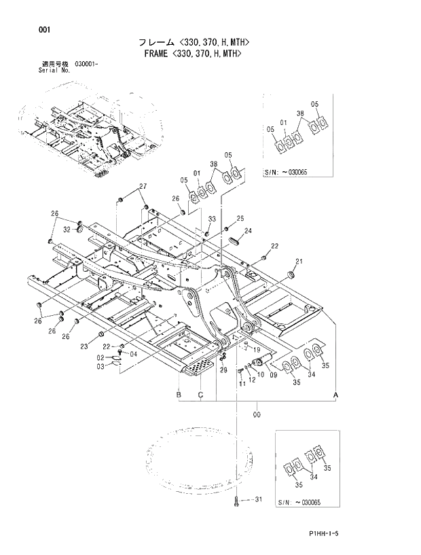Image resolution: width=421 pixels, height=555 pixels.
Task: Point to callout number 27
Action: (x=143, y=186)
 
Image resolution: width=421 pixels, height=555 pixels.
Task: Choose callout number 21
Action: (x=299, y=262)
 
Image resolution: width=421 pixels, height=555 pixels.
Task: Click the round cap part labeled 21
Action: (x=293, y=273)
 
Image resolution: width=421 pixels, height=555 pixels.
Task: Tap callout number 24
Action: (x=249, y=231)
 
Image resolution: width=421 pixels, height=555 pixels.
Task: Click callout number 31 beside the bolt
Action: (x=258, y=500)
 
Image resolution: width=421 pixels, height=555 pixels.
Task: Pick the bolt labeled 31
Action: (x=238, y=502)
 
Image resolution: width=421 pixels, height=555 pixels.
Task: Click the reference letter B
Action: (x=179, y=394)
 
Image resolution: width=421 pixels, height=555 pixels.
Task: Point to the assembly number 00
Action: (x=257, y=413)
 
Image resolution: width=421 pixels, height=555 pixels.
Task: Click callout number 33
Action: (x=212, y=219)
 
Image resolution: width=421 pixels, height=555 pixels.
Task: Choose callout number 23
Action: (x=84, y=346)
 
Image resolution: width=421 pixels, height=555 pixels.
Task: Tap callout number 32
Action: (x=67, y=230)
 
